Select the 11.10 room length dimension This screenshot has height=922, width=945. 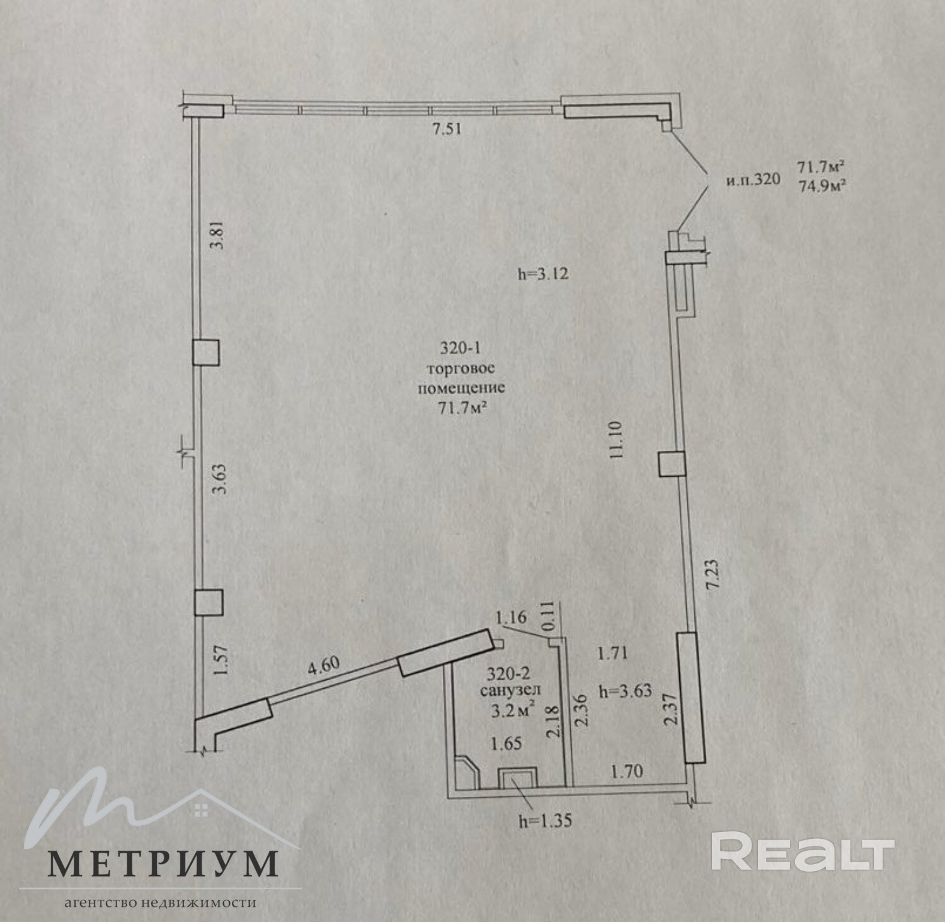pyautogui.click(x=616, y=440)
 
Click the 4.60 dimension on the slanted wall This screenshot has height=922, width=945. pyautogui.click(x=323, y=666)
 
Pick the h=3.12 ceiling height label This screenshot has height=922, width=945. pyautogui.click(x=542, y=274)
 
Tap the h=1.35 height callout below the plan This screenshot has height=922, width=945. pyautogui.click(x=545, y=821)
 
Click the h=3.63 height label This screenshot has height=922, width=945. pyautogui.click(x=625, y=691)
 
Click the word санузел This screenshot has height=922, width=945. pyautogui.click(x=510, y=691)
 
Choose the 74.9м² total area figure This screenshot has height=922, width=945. pyautogui.click(x=822, y=186)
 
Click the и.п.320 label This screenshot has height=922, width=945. pyautogui.click(x=753, y=180)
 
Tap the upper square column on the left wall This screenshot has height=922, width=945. pyautogui.click(x=206, y=353)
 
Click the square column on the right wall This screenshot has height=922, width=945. pyautogui.click(x=671, y=464)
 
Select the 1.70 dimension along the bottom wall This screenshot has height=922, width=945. pyautogui.click(x=626, y=770)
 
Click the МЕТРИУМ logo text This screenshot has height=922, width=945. pyautogui.click(x=163, y=864)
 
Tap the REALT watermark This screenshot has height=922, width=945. pyautogui.click(x=802, y=851)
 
